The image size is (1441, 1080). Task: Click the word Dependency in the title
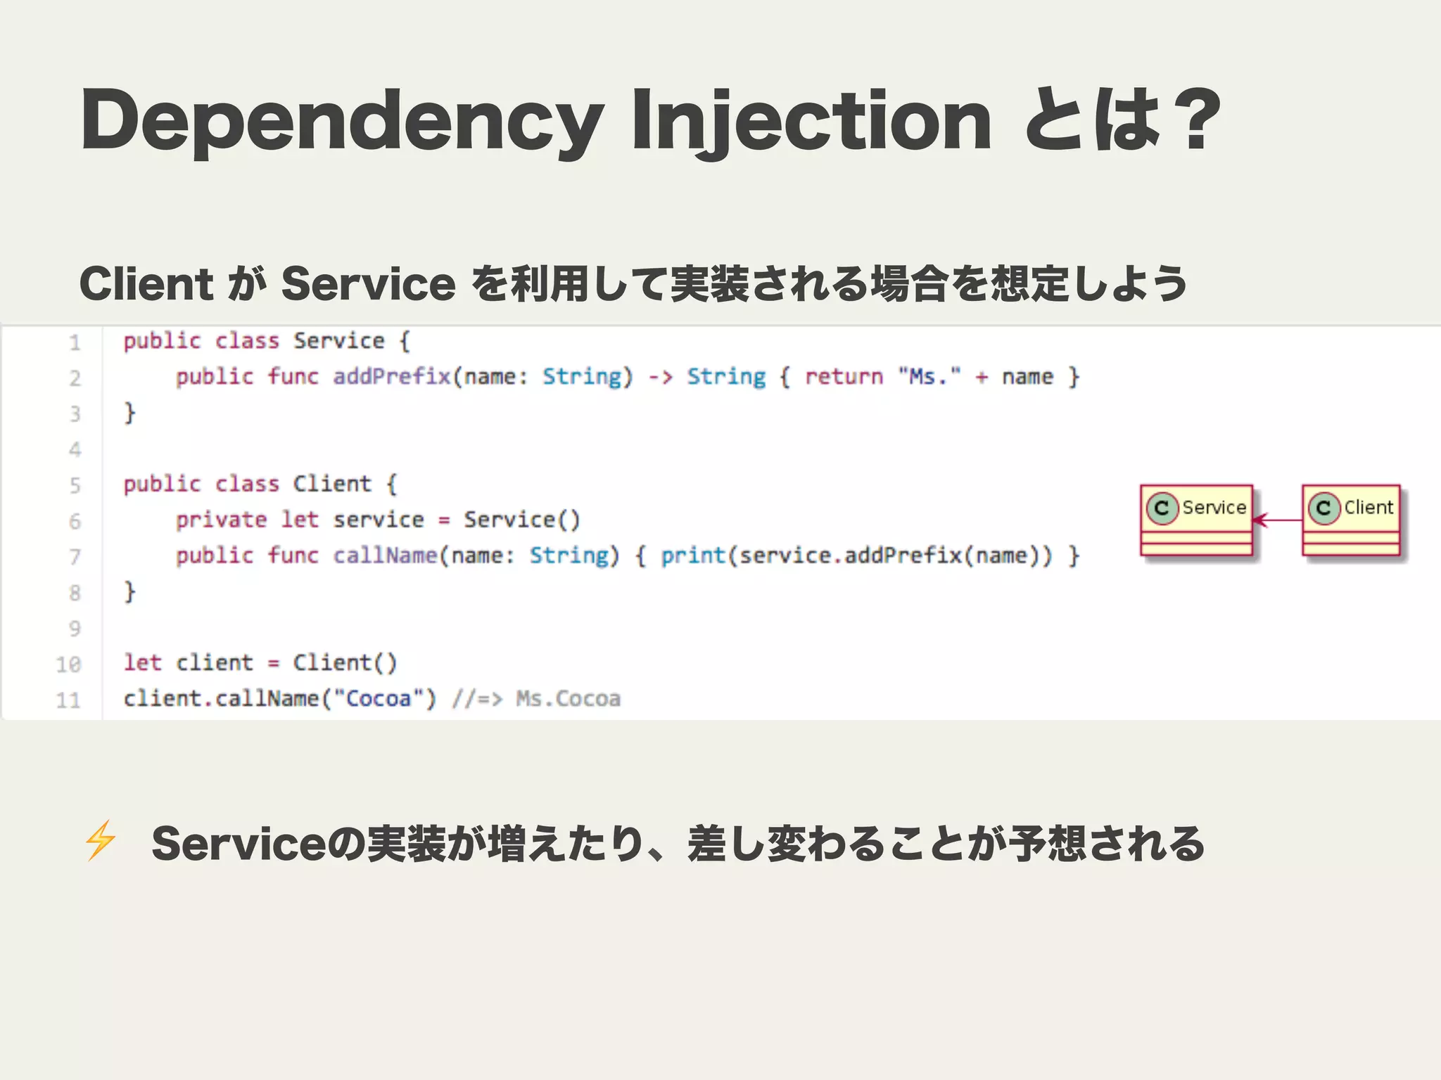(x=342, y=121)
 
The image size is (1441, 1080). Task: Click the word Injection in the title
(x=811, y=121)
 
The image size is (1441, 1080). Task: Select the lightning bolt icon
(x=100, y=840)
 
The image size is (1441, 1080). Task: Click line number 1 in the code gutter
(x=75, y=343)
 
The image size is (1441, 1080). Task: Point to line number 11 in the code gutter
(x=69, y=700)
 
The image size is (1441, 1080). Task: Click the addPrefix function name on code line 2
(x=391, y=377)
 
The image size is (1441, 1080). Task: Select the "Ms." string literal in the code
(x=929, y=377)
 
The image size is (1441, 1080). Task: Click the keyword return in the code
(x=843, y=377)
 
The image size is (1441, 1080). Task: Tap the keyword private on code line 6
(x=221, y=520)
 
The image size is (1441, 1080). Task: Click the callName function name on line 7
(x=385, y=556)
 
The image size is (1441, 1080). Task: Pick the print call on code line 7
(x=693, y=556)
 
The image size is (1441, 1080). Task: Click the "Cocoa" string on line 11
(x=378, y=699)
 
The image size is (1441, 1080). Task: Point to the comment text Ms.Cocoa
(x=568, y=699)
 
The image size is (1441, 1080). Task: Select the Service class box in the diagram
(x=1196, y=520)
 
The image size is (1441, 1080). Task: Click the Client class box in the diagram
(x=1351, y=520)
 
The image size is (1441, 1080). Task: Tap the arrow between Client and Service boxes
(x=1277, y=520)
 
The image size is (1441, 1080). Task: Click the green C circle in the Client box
(x=1323, y=508)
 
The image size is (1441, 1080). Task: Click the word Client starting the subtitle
(x=146, y=284)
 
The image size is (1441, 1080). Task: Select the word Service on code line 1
(x=338, y=342)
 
